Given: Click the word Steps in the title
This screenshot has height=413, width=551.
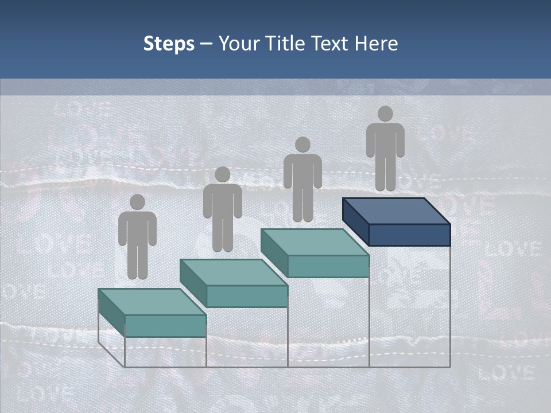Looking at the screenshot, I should [169, 44].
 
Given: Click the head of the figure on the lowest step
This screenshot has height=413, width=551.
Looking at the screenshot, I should [137, 202].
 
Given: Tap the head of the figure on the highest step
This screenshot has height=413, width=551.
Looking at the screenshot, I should [385, 114].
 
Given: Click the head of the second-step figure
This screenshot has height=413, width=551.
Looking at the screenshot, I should [222, 174].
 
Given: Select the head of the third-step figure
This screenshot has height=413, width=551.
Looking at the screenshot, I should [302, 145].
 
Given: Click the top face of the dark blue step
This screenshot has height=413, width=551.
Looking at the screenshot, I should [396, 211].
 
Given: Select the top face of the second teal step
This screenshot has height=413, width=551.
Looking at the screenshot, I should [233, 272].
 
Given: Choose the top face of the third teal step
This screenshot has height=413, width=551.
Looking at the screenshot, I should [315, 242].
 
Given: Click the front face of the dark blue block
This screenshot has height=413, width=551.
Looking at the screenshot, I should [409, 235].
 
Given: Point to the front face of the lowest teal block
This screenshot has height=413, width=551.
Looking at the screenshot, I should [165, 326].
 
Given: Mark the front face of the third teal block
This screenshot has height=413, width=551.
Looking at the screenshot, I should [328, 266].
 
